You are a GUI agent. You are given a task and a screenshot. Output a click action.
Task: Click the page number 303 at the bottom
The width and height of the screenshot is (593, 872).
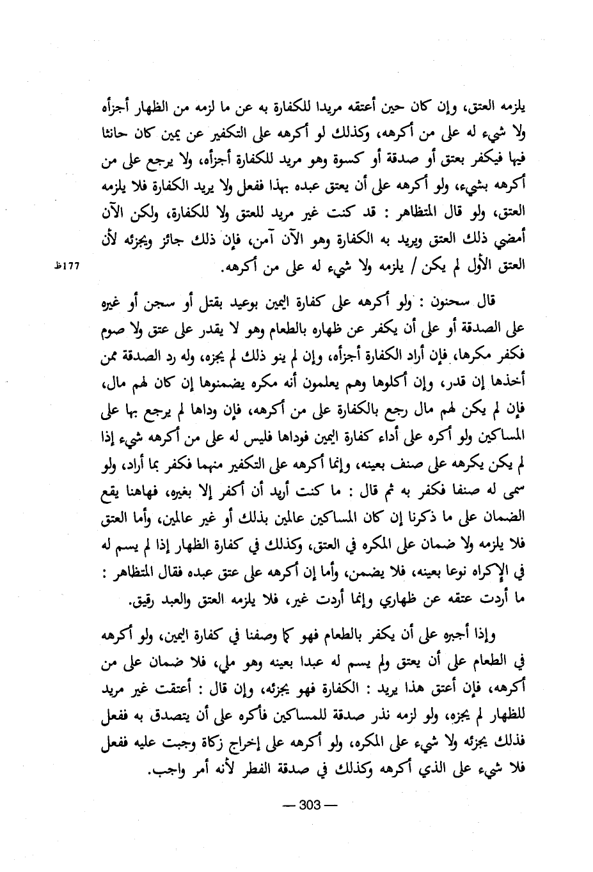(x=309, y=805)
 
